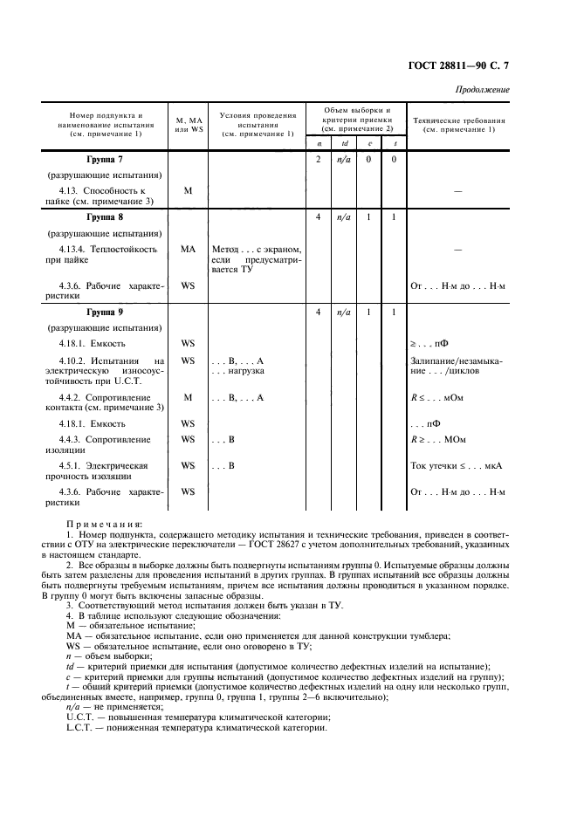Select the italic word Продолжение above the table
[482, 91]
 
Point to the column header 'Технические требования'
[457, 124]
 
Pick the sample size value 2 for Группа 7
[319, 160]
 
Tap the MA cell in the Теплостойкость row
[187, 250]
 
